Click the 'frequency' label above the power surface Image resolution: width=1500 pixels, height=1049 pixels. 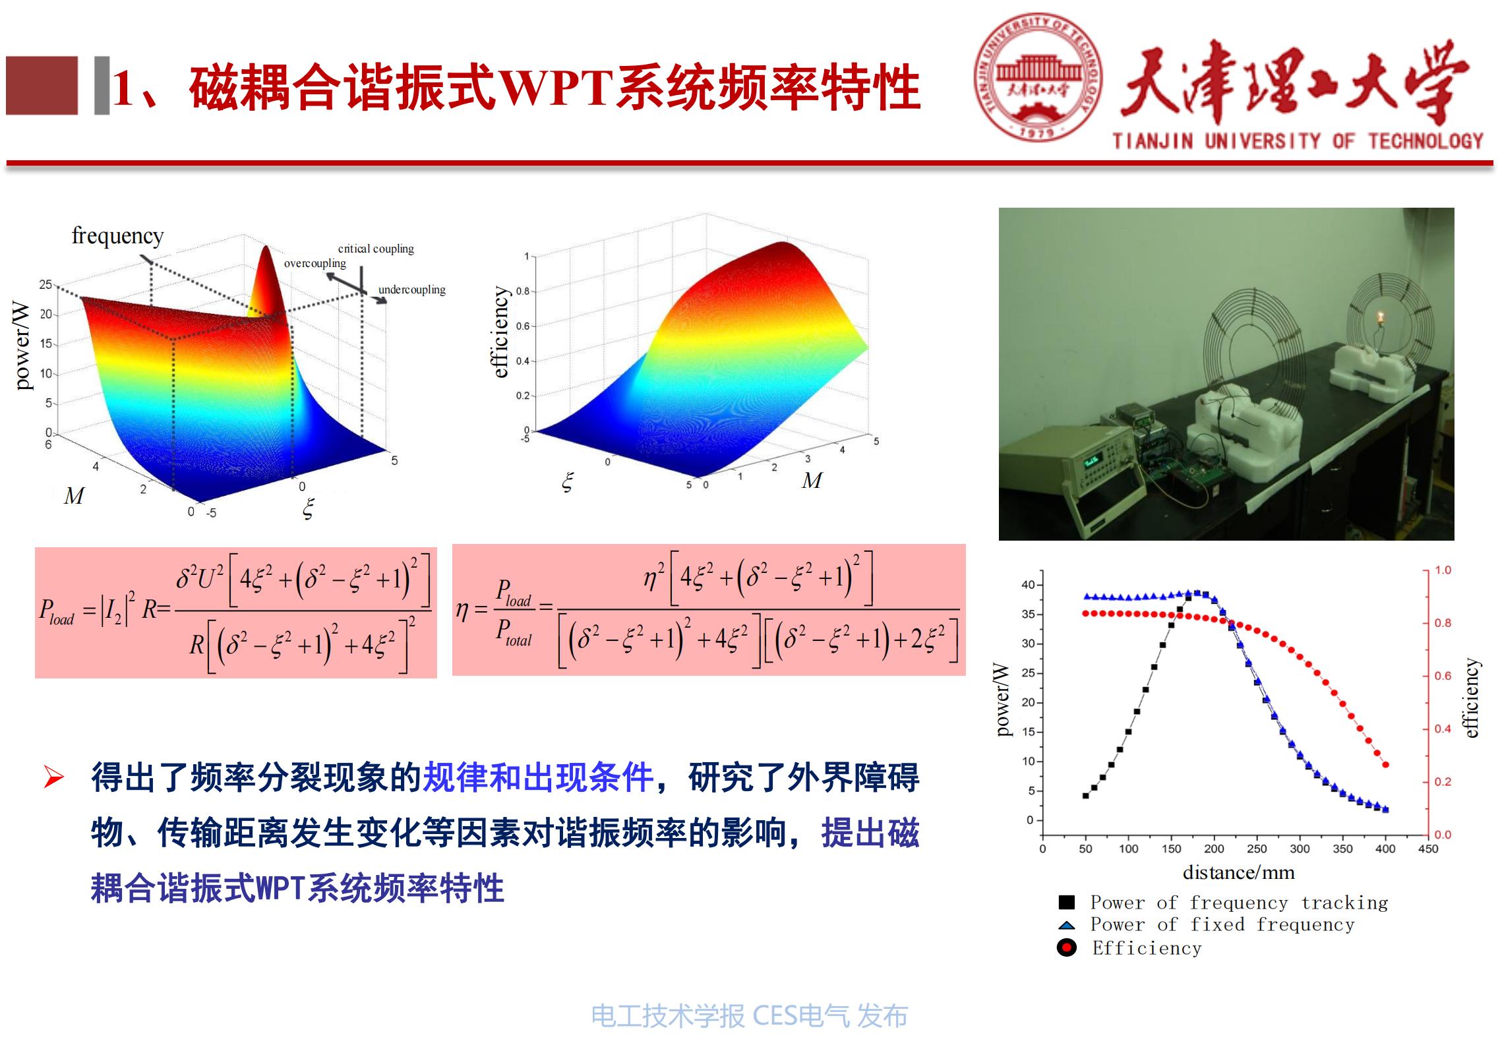point(117,235)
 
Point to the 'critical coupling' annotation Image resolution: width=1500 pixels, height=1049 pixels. point(376,249)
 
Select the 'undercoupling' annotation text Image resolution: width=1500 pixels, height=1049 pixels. point(411,289)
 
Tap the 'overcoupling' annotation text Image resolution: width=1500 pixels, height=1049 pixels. point(315,263)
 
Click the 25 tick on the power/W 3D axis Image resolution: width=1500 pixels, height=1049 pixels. point(45,284)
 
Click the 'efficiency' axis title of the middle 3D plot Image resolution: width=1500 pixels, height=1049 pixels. point(501,332)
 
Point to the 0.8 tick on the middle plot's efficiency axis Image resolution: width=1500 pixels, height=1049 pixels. point(522,291)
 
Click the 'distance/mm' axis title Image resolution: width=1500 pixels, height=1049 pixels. point(1238,873)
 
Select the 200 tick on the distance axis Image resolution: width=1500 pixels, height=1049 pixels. point(1214,849)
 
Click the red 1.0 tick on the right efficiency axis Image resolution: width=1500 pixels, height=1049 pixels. point(1443,570)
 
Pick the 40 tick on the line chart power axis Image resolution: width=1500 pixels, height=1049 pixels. point(1028,585)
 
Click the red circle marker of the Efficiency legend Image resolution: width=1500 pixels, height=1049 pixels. point(1066,948)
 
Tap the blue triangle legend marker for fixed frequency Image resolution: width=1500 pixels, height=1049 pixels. point(1066,925)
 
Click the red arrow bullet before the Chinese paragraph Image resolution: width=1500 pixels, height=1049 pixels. point(53,777)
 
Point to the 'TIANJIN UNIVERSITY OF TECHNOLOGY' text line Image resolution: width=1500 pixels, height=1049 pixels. point(1298,141)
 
